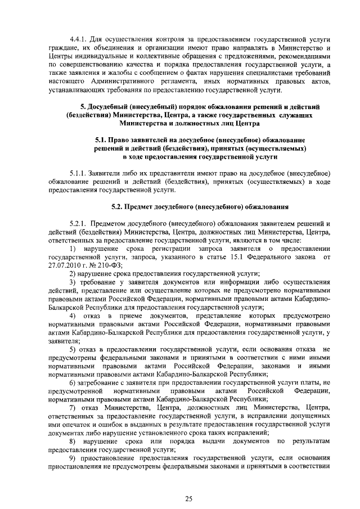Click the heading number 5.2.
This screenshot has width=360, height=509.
pos(118,207)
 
